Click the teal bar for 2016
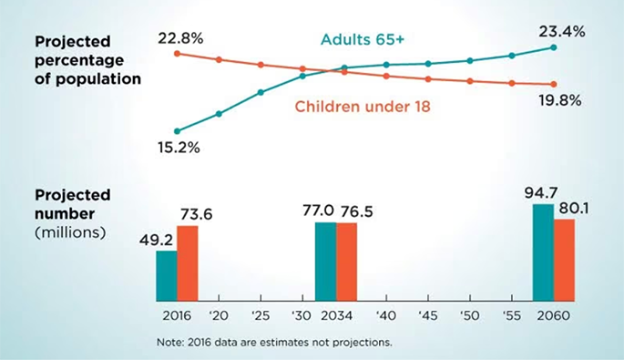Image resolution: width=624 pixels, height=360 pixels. (166, 275)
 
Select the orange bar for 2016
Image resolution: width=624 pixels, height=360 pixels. (187, 263)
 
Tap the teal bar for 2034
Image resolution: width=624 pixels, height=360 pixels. (325, 262)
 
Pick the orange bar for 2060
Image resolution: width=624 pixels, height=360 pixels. (565, 260)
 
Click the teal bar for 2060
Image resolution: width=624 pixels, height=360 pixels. (543, 252)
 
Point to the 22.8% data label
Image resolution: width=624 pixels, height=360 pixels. (179, 36)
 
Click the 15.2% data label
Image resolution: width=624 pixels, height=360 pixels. (178, 147)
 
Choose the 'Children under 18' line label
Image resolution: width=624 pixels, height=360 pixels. (362, 107)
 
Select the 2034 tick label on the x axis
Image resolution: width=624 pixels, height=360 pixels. (336, 315)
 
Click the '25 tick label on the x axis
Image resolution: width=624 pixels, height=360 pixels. (261, 315)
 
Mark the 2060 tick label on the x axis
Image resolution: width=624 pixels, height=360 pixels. (554, 315)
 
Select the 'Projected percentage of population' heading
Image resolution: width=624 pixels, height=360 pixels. (87, 59)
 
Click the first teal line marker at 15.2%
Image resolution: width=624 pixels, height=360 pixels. (177, 131)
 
